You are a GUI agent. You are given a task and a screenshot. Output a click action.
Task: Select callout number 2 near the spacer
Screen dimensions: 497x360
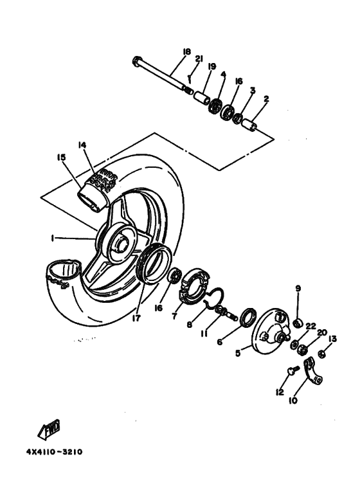click(x=265, y=100)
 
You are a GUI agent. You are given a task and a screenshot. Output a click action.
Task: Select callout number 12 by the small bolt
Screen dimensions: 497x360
click(x=279, y=391)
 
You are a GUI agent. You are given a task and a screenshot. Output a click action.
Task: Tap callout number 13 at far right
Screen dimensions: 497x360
click(x=332, y=339)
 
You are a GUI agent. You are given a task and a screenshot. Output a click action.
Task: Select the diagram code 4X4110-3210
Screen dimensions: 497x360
click(x=54, y=450)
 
